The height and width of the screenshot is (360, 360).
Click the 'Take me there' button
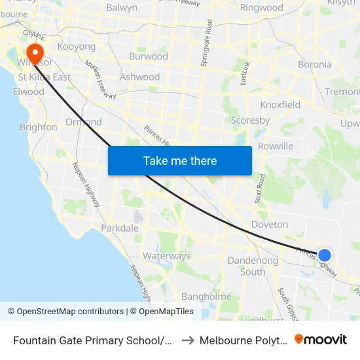pyautogui.click(x=180, y=160)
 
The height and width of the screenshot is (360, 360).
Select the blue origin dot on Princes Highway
pyautogui.click(x=324, y=255)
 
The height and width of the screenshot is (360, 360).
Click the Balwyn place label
pyautogui.click(x=122, y=8)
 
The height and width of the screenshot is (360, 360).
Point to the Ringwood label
pyautogui.click(x=262, y=8)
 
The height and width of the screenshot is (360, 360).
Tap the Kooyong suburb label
pyautogui.click(x=77, y=46)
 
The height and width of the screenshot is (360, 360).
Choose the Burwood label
pyautogui.click(x=149, y=56)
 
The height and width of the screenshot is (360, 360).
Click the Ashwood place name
pyautogui.click(x=140, y=77)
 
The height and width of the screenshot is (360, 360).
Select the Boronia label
pyautogui.click(x=315, y=65)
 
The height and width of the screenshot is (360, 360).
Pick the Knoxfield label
pyautogui.click(x=280, y=105)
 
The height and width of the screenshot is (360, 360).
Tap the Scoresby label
pyautogui.click(x=251, y=120)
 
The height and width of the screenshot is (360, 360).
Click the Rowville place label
pyautogui.click(x=276, y=146)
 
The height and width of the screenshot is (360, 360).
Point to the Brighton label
pyautogui.click(x=39, y=127)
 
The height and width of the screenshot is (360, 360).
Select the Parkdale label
pyautogui.click(x=120, y=228)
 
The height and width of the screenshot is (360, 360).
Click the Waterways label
pyautogui.click(x=166, y=256)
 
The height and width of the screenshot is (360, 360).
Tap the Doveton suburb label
pyautogui.click(x=270, y=225)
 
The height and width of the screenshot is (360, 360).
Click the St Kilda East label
pyautogui.click(x=44, y=77)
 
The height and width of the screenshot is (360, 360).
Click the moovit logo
pyautogui.click(x=321, y=339)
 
